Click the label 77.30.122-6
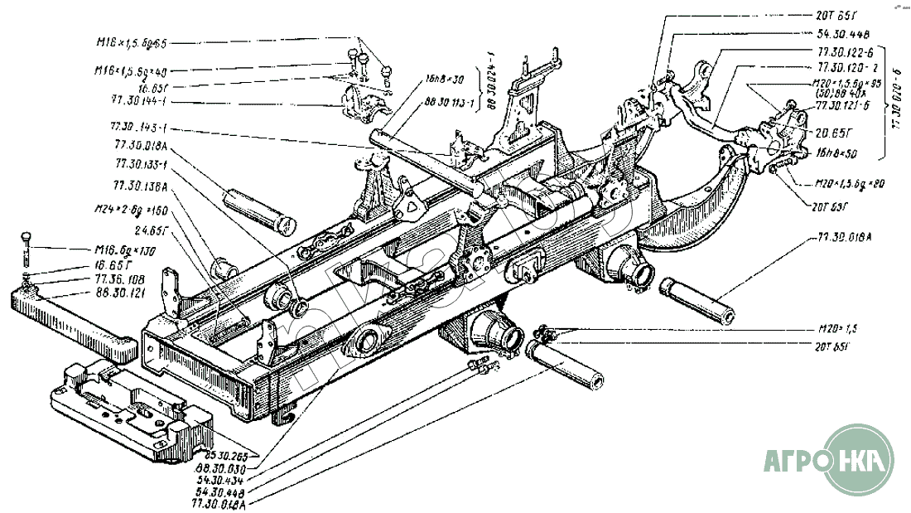tap(837, 51)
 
